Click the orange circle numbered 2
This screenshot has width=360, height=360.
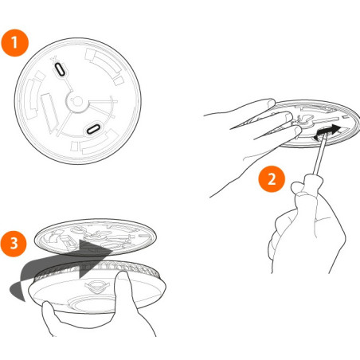click(272, 178)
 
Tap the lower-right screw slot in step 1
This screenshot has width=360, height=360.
click(94, 127)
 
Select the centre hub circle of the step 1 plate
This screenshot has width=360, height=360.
click(78, 100)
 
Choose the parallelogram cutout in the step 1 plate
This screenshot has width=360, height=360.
click(51, 108)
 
